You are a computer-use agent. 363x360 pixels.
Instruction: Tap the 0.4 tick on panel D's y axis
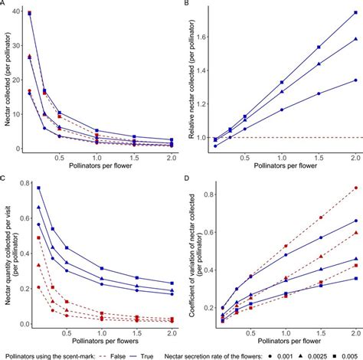(203, 271)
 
